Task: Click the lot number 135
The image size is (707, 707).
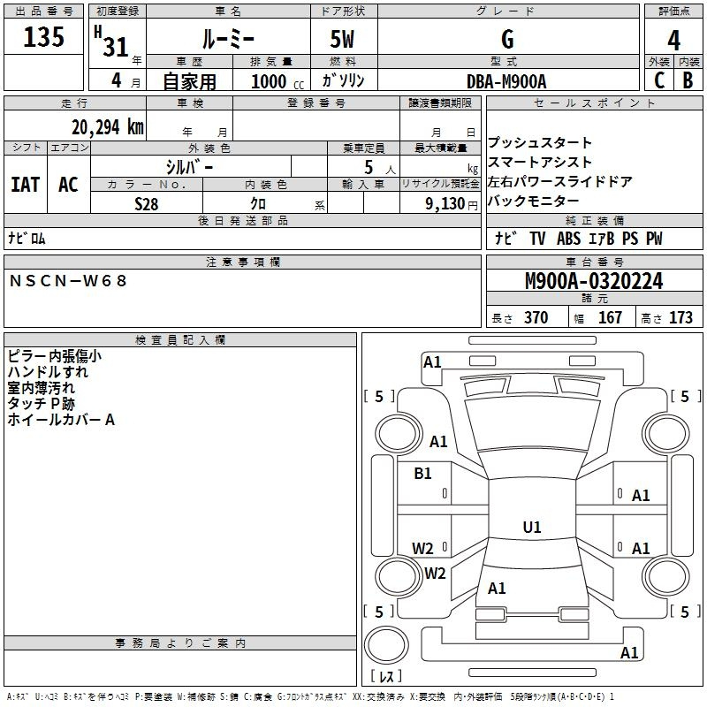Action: pyautogui.click(x=43, y=36)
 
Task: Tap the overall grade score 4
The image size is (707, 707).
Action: pyautogui.click(x=673, y=40)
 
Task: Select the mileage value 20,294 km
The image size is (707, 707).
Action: pyautogui.click(x=107, y=127)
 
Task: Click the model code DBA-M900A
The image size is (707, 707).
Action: pyautogui.click(x=506, y=81)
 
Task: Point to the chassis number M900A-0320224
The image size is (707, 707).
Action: pyautogui.click(x=594, y=281)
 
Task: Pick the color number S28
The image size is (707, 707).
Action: pyautogui.click(x=147, y=204)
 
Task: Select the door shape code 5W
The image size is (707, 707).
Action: pyautogui.click(x=342, y=39)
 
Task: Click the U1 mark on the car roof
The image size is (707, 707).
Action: pyautogui.click(x=532, y=527)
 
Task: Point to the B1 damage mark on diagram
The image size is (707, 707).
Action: pyautogui.click(x=422, y=474)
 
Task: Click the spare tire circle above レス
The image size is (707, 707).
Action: pyautogui.click(x=386, y=645)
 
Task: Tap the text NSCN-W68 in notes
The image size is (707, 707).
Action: pyautogui.click(x=68, y=281)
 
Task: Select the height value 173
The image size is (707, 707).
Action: pyautogui.click(x=680, y=317)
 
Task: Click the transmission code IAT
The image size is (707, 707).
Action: pyautogui.click(x=26, y=185)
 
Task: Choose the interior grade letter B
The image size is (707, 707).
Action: pyautogui.click(x=688, y=80)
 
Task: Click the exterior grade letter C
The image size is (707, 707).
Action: pyautogui.click(x=659, y=80)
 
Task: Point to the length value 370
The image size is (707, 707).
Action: pyautogui.click(x=536, y=317)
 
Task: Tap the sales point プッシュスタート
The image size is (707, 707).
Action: pyautogui.click(x=540, y=142)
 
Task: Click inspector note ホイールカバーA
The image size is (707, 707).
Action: pyautogui.click(x=61, y=420)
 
